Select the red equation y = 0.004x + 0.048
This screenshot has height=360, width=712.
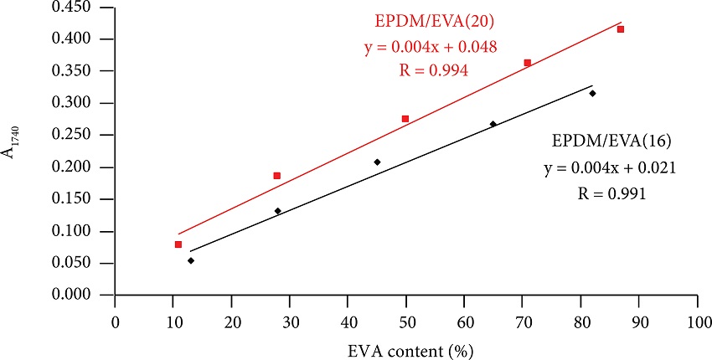pyautogui.click(x=431, y=47)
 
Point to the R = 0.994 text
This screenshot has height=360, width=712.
pyautogui.click(x=431, y=72)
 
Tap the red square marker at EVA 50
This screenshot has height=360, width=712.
pyautogui.click(x=405, y=119)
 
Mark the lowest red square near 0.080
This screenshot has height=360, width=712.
pyautogui.click(x=178, y=244)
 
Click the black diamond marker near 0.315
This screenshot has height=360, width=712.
pyautogui.click(x=592, y=93)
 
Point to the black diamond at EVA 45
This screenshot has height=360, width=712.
pyautogui.click(x=377, y=162)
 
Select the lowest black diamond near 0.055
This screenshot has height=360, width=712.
pyautogui.click(x=191, y=260)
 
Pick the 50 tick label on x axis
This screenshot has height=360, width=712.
pyautogui.click(x=406, y=321)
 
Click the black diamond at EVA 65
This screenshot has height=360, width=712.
pyautogui.click(x=493, y=124)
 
